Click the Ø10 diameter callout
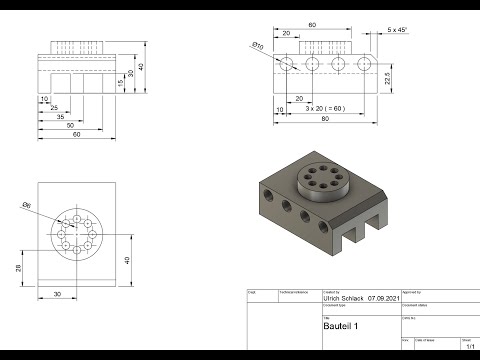tap(257, 45)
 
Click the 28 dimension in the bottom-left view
tap(20, 268)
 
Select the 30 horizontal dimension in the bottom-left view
tap(57, 294)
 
